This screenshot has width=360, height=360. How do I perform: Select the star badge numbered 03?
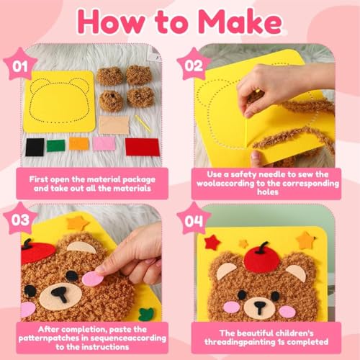pos(20,219)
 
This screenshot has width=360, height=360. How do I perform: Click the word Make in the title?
pos(240,22)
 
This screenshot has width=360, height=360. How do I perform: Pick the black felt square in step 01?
pos(35,147)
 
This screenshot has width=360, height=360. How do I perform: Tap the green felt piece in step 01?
pos(56,145)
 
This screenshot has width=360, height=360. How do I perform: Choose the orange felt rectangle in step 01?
pos(79,144)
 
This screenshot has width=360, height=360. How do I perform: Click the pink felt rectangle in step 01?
pos(104,143)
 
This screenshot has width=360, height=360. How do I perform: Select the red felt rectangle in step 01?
pos(143,147)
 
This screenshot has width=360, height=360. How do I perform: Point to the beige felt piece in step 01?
pos(114,125)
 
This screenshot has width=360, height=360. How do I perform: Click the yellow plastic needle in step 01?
pos(143,124)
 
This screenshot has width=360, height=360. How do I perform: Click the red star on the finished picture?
pos(212,243)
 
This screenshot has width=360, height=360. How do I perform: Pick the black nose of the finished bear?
pos(260,307)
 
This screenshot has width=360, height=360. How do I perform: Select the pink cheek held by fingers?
pos(93,279)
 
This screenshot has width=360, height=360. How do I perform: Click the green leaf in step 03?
pos(146,314)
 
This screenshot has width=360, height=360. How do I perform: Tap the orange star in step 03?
pos(77,223)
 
